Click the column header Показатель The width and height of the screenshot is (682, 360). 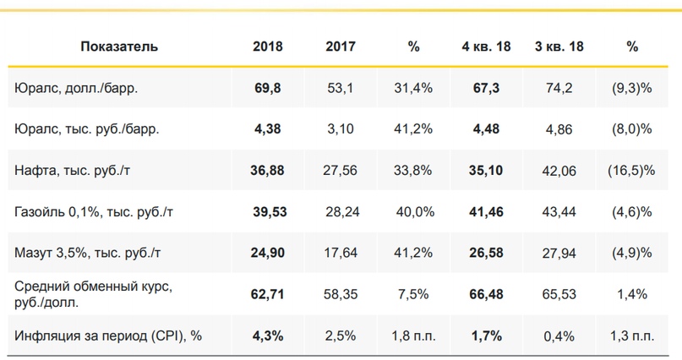119,47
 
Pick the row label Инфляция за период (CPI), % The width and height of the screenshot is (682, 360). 108,335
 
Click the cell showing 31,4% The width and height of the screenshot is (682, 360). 413,88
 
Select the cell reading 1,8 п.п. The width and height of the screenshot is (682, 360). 413,335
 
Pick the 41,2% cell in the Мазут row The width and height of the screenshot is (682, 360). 413,253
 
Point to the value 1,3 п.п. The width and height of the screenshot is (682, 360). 632,335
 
